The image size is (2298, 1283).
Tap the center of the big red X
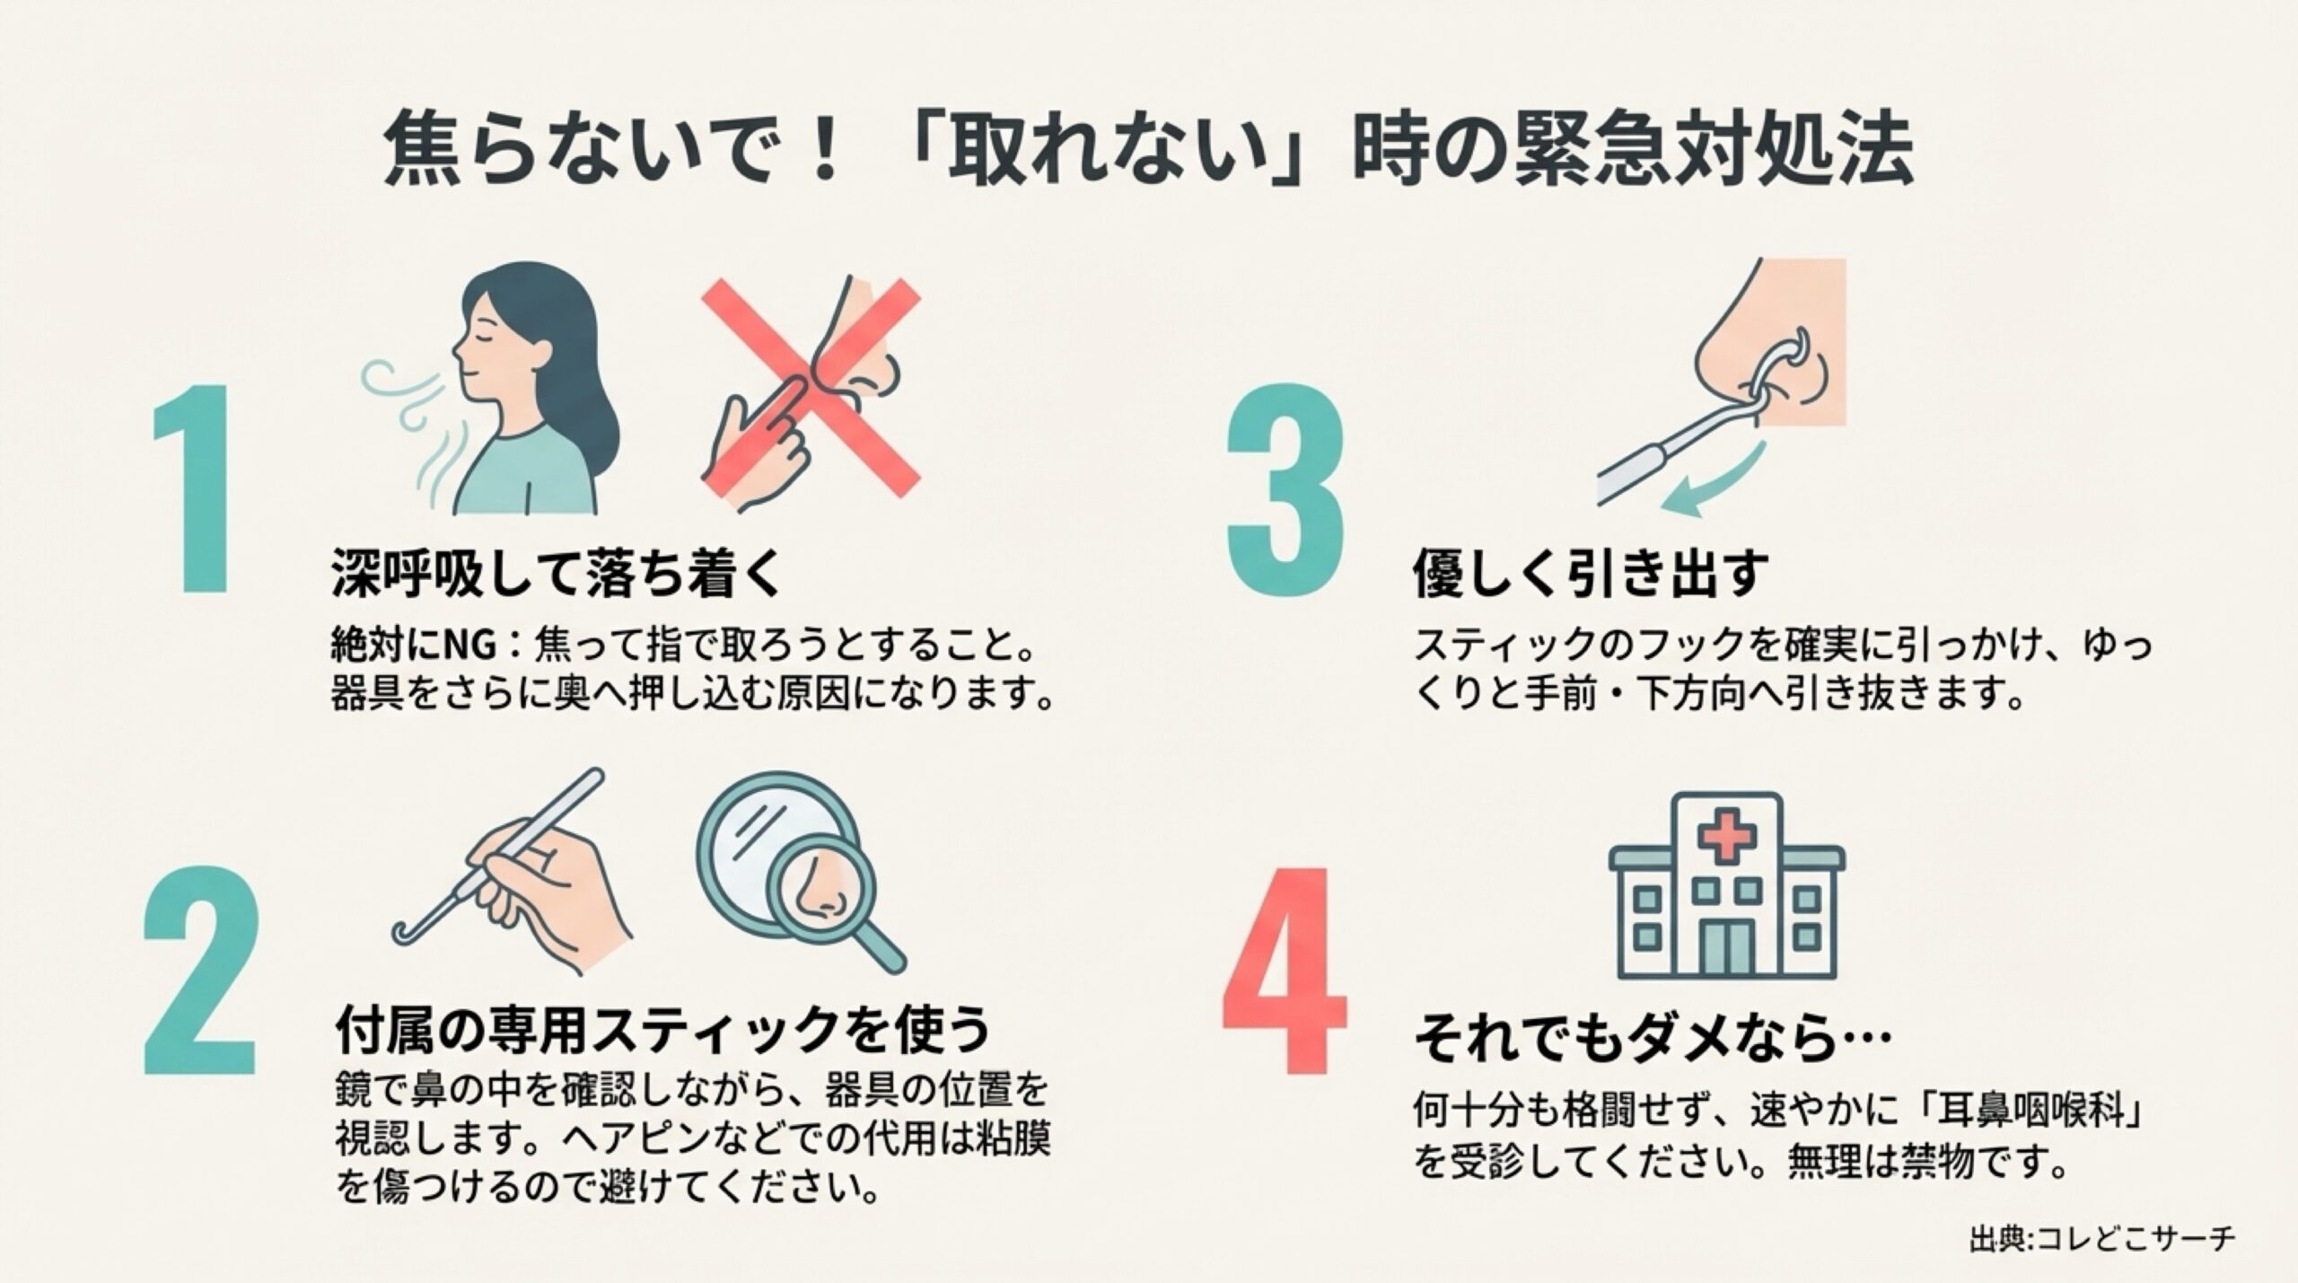pos(811,388)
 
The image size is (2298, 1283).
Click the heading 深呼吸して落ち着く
pos(556,572)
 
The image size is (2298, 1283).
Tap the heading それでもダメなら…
pos(1652,1041)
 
